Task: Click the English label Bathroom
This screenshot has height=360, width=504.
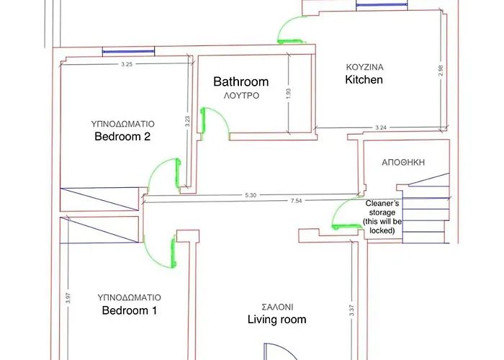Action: pos(240,82)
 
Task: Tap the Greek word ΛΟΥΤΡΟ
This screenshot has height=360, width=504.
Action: pos(240,95)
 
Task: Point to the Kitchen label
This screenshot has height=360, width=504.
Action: pos(364,80)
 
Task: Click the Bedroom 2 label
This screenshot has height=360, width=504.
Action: pos(122,137)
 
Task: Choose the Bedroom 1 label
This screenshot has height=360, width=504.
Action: pos(130,311)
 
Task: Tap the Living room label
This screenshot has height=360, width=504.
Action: pos(276,320)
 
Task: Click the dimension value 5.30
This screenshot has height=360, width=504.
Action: pos(250,194)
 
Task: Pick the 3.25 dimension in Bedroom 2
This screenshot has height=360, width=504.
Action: pos(127,65)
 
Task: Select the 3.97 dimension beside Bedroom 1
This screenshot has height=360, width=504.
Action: pos(68,298)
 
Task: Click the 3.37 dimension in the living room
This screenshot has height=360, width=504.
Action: pos(351,310)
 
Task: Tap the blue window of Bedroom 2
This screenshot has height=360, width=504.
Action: pos(128,51)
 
